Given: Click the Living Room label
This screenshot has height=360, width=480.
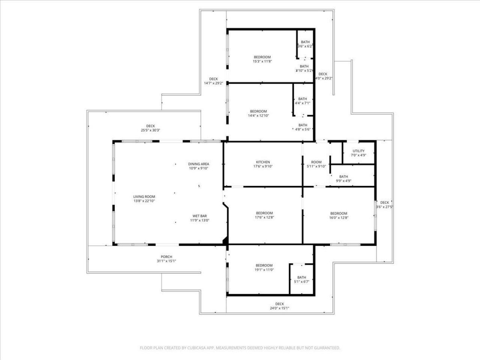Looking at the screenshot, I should tap(144, 196).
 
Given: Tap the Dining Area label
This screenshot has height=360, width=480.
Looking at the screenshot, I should tap(198, 164).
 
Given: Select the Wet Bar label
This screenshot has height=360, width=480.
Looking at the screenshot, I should tap(199, 216).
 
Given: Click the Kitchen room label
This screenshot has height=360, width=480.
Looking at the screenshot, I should tap(263, 162).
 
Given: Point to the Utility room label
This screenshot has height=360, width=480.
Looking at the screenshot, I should tap(358, 151).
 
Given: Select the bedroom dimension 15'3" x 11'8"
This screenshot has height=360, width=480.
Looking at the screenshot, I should tap(262, 61).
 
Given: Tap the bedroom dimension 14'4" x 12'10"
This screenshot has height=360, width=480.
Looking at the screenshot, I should tap(258, 115).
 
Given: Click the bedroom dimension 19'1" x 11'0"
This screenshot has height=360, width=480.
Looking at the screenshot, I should tap(264, 270).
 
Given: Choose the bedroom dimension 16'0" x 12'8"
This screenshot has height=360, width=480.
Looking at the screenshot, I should tap(339, 217).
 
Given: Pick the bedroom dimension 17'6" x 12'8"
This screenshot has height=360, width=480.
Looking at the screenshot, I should tap(264, 217).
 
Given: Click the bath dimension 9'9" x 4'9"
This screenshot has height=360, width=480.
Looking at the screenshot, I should tap(343, 181).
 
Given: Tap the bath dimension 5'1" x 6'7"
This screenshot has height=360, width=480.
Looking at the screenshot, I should tap(301, 282).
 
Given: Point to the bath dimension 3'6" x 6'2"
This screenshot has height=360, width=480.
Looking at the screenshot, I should tap(305, 46).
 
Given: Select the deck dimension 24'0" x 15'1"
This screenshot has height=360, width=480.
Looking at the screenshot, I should tap(279, 308).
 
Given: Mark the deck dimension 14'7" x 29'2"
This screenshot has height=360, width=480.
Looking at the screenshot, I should tap(213, 83).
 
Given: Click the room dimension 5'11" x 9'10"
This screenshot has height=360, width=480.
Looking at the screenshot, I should tap(316, 166).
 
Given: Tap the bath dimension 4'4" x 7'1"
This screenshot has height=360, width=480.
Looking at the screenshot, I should tap(302, 103).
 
